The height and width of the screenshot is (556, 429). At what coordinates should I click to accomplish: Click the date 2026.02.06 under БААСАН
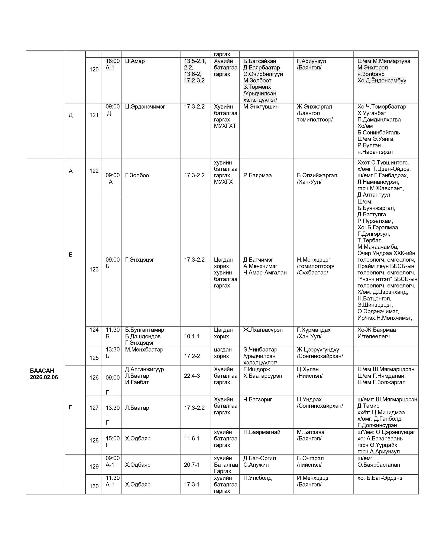click(44, 377)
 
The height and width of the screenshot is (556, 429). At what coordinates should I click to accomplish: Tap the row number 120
click(94, 69)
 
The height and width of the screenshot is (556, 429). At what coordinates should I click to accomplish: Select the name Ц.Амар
click(135, 61)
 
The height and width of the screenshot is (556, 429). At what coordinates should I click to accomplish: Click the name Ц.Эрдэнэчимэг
click(145, 107)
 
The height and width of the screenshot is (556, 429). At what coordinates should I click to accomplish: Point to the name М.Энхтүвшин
click(261, 107)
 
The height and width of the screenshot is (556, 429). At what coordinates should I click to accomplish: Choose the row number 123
click(94, 269)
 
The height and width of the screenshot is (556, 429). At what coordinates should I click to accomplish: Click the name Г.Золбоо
click(137, 175)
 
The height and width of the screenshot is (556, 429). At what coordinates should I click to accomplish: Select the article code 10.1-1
click(192, 336)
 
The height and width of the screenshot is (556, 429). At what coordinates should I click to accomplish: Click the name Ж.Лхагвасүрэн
click(263, 330)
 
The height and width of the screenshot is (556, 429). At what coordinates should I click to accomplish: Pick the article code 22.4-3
click(192, 376)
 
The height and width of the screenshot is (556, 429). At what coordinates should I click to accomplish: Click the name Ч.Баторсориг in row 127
click(258, 399)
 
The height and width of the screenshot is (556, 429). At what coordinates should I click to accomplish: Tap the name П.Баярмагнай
click(262, 432)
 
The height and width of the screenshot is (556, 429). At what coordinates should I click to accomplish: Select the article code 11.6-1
click(192, 438)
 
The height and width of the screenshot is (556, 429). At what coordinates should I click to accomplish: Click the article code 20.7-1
click(192, 465)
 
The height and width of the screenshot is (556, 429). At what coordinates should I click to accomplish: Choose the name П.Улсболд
click(257, 478)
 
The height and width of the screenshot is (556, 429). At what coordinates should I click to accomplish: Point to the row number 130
click(94, 486)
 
